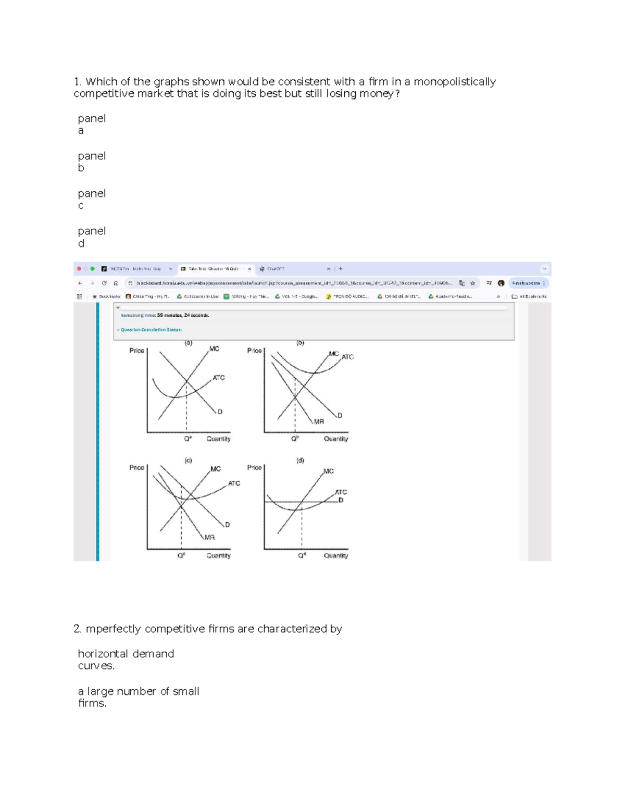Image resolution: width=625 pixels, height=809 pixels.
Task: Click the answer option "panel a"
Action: tap(91, 124)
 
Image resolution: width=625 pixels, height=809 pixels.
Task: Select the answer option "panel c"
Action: tap(91, 199)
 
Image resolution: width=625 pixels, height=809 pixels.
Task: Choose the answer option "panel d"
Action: tap(91, 237)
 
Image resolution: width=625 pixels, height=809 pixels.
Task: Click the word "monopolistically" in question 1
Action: tap(454, 82)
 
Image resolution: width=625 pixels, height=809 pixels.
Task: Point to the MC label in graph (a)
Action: tap(214, 349)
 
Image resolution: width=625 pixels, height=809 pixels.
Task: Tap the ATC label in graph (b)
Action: tap(347, 357)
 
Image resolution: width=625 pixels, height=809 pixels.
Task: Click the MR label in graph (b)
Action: tap(319, 421)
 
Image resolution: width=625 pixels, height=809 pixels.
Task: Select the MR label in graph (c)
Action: tap(209, 537)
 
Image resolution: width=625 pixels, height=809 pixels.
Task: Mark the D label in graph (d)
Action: tap(341, 500)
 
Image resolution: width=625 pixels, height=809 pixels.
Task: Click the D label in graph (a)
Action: tap(220, 412)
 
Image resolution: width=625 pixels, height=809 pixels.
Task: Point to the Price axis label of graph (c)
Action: tap(136, 467)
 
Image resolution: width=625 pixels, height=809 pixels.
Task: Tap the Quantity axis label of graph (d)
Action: tap(336, 556)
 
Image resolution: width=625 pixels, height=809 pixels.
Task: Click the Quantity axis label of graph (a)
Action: tap(218, 439)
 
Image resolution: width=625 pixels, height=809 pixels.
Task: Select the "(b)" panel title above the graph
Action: tap(300, 343)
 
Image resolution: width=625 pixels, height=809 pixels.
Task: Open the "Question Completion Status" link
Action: tap(151, 330)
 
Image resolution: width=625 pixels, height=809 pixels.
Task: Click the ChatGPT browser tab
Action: tap(276, 269)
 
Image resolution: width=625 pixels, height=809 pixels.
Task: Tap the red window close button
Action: tap(79, 269)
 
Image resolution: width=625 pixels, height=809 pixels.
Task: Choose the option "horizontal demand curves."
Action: tap(126, 659)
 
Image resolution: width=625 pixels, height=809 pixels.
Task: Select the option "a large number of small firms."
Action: tap(138, 697)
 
